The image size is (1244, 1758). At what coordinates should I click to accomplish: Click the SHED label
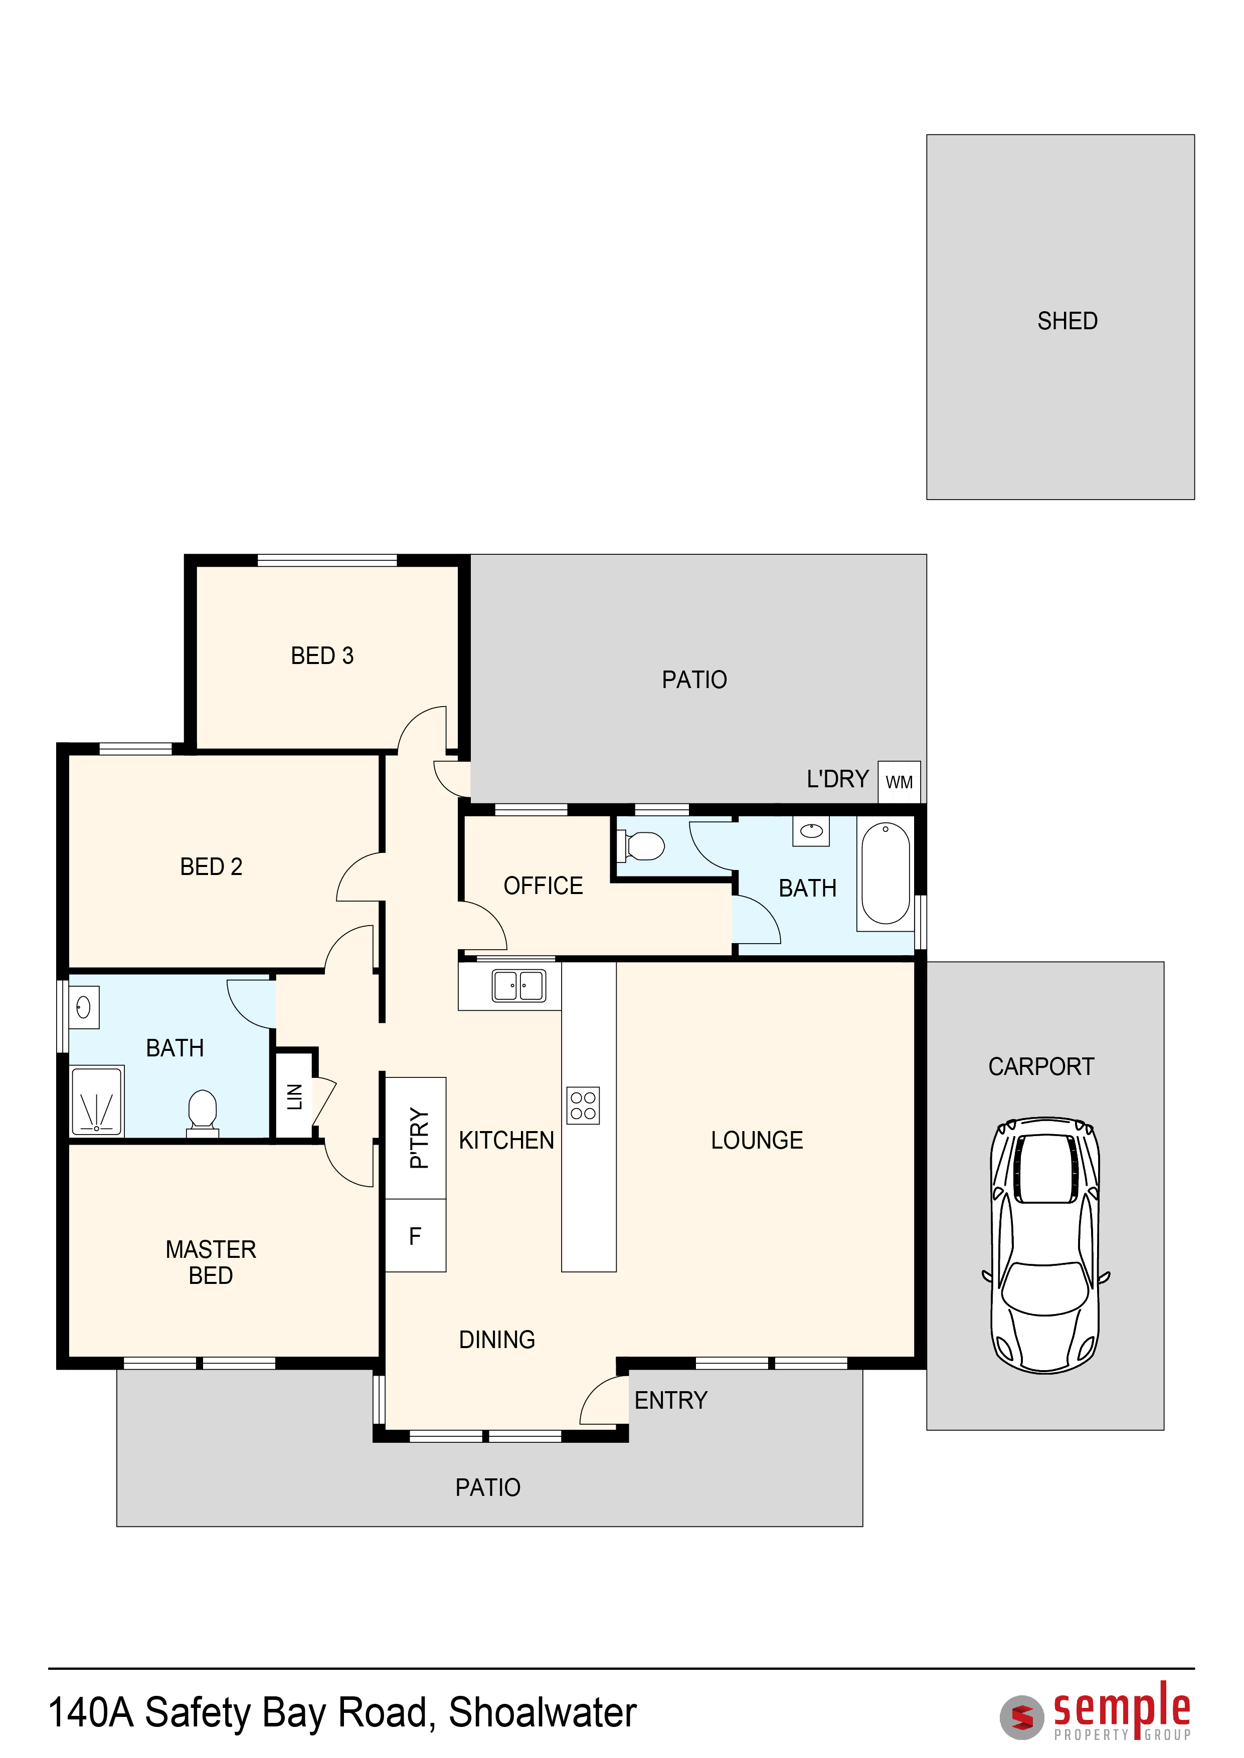click(1067, 321)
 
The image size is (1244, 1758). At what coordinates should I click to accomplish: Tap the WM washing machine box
click(900, 782)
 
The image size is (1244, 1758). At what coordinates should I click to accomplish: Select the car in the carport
click(1045, 1245)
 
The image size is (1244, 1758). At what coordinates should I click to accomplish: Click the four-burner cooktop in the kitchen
click(583, 1106)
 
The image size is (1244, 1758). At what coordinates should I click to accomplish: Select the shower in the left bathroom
click(96, 1101)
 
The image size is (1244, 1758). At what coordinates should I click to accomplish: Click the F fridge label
click(415, 1236)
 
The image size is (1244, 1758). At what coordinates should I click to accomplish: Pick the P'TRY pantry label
click(419, 1138)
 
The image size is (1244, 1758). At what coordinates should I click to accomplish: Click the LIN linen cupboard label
click(295, 1096)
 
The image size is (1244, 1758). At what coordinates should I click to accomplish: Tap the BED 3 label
click(322, 655)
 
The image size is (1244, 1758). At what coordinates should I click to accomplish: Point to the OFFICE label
click(543, 886)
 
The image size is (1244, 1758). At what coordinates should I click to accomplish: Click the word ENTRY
click(671, 1400)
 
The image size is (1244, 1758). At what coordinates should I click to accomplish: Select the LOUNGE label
click(757, 1140)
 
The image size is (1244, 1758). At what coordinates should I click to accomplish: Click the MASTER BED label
click(211, 1262)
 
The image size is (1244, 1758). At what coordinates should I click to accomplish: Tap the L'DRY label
click(837, 779)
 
